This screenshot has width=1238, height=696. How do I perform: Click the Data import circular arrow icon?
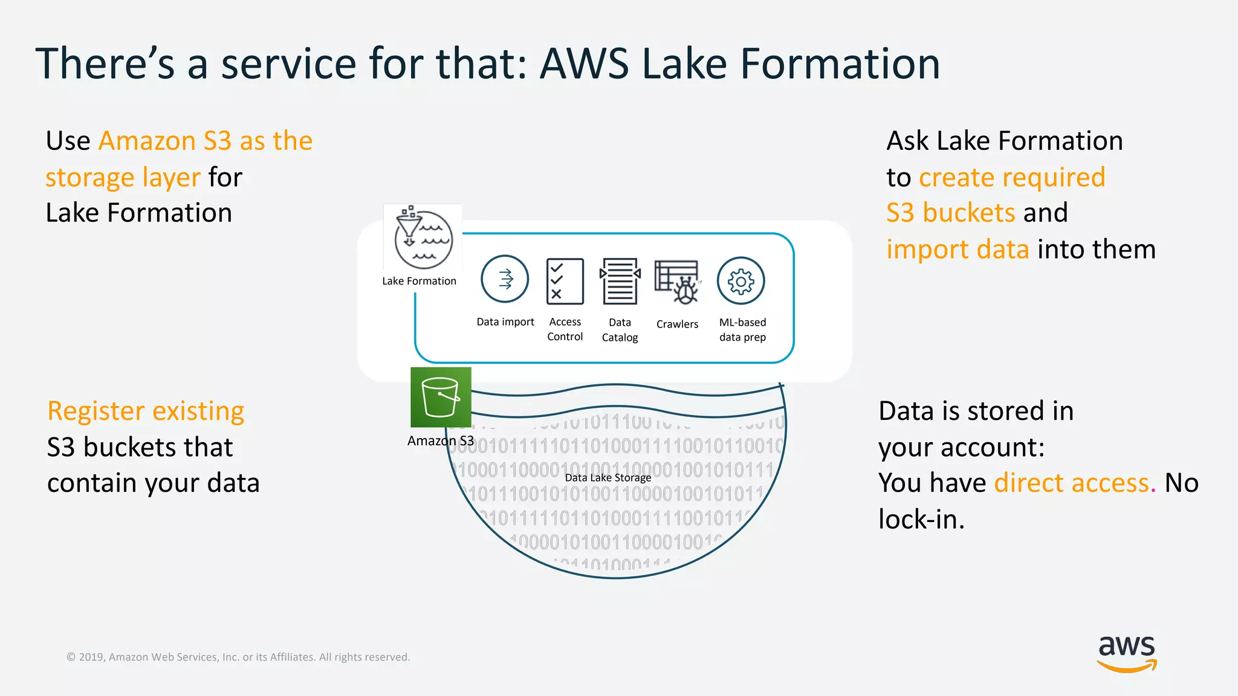(x=505, y=279)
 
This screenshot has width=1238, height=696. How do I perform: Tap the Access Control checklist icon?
(x=565, y=281)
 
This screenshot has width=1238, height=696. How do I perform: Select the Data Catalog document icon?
(x=620, y=281)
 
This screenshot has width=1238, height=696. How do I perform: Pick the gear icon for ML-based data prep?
(x=741, y=281)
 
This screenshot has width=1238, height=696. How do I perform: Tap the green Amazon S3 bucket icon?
(x=441, y=398)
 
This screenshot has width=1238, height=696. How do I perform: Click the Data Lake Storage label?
(x=608, y=477)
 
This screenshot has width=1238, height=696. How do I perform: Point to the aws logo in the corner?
(x=1127, y=652)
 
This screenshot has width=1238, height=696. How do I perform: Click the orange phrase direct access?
(x=1072, y=483)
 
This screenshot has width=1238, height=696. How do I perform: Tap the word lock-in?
(x=921, y=520)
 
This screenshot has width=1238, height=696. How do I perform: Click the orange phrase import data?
(x=958, y=250)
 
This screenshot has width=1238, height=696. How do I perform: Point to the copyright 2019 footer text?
(x=238, y=657)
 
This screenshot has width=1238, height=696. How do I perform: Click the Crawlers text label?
(x=677, y=324)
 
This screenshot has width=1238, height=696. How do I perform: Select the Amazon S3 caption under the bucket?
(x=441, y=441)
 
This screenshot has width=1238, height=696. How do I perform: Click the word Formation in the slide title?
(x=840, y=63)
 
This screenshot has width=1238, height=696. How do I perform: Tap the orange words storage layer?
(x=123, y=178)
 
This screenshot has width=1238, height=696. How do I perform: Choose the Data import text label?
(x=505, y=322)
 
